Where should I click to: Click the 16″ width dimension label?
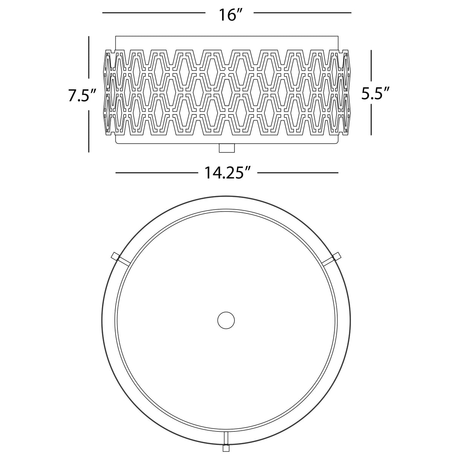(x=230, y=15)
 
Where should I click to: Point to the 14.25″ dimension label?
(x=227, y=172)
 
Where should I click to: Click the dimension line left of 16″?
(x=154, y=12)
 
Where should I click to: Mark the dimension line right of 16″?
(x=302, y=12)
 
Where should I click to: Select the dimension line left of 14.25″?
(x=157, y=173)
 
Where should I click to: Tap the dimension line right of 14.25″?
(x=298, y=173)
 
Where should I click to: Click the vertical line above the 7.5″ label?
(x=88, y=57)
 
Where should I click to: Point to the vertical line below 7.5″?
(x=88, y=131)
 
